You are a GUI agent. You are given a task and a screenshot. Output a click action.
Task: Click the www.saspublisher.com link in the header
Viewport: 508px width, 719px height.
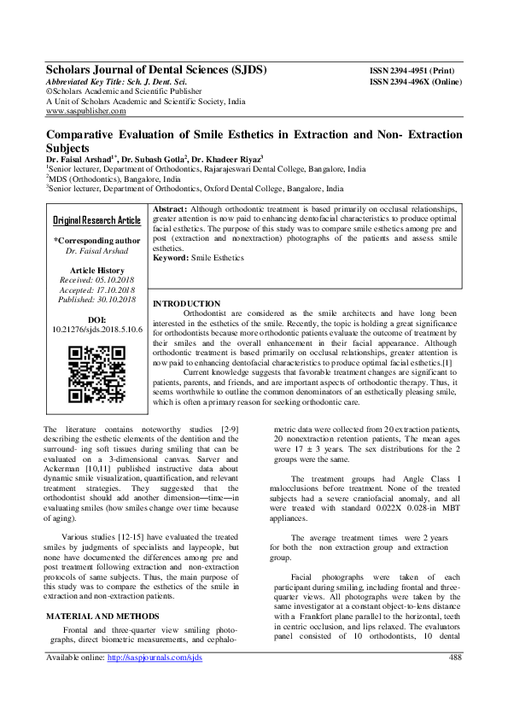85,111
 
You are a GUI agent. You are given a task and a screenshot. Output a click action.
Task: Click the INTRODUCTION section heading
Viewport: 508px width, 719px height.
186,304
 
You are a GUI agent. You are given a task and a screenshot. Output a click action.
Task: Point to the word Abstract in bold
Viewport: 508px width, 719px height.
169,208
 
